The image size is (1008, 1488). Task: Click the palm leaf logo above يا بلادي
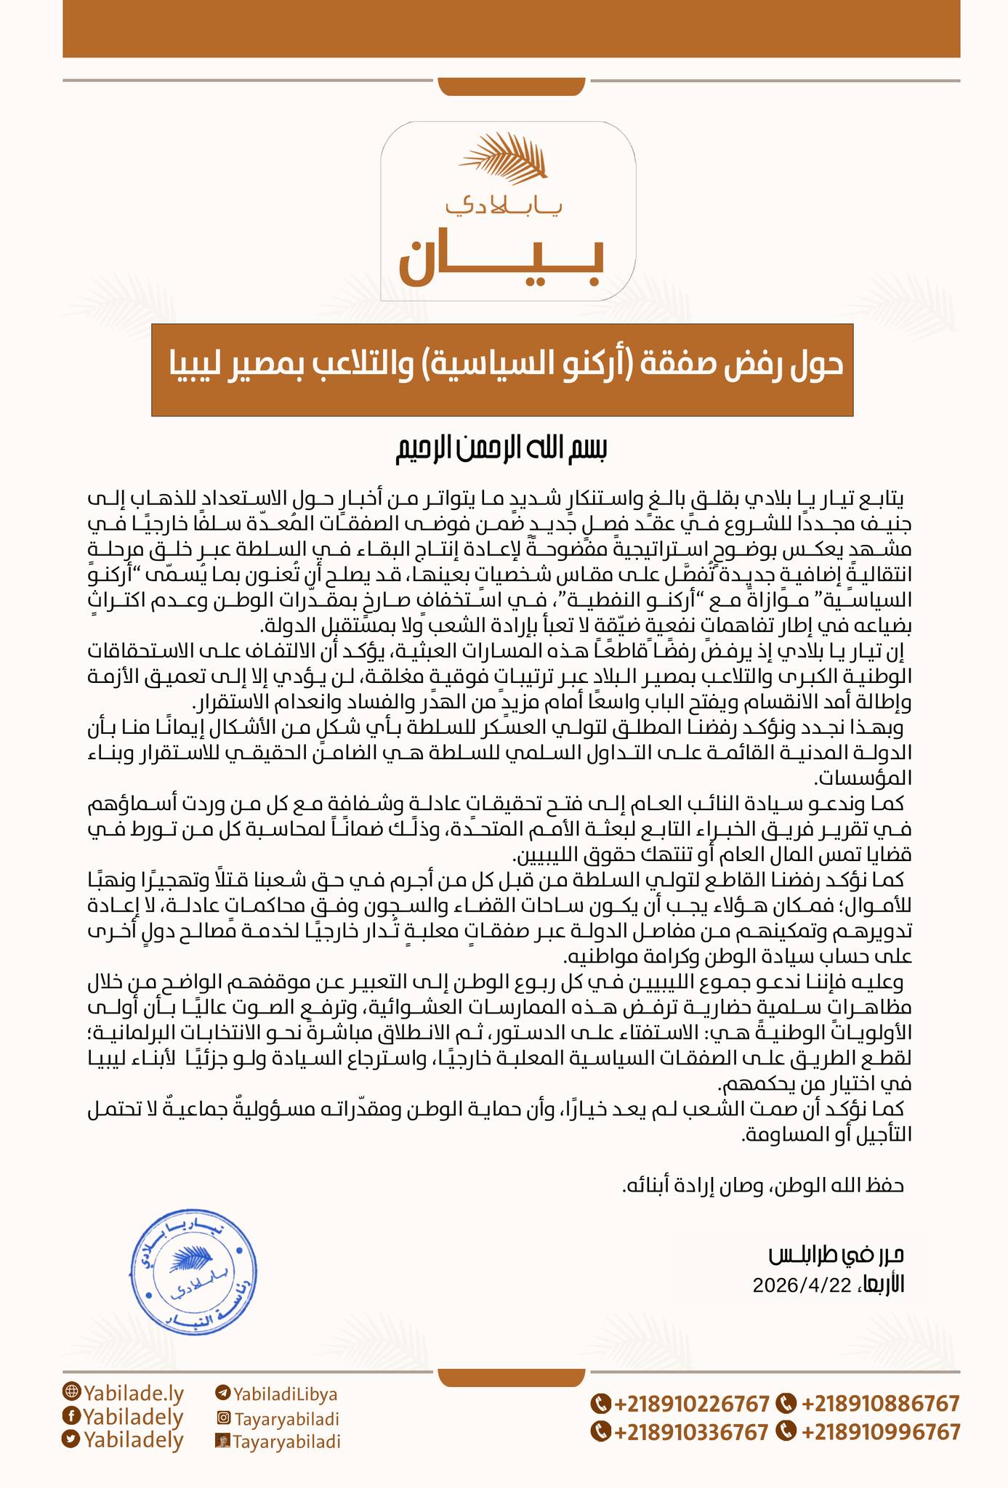click(507, 158)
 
